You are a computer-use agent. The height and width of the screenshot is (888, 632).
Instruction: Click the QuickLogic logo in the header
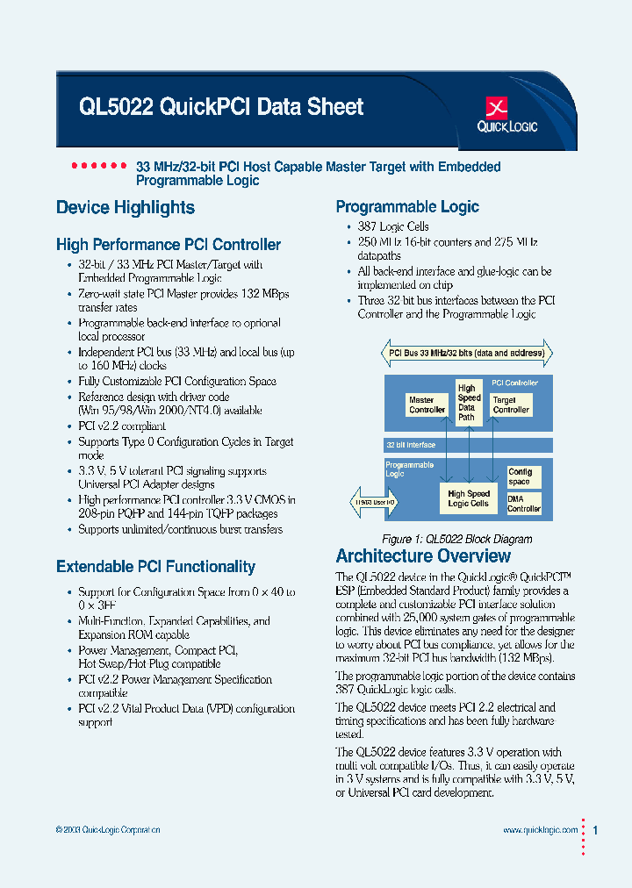[506, 115]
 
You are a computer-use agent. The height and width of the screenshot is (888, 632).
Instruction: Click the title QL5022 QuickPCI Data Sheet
[220, 107]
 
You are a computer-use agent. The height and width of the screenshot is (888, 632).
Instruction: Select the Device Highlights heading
[126, 208]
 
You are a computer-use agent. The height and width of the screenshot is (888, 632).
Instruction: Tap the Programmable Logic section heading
[407, 207]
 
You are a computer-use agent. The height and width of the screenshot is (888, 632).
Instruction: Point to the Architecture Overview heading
[423, 556]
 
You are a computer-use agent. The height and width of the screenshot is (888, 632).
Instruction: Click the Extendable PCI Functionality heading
[155, 567]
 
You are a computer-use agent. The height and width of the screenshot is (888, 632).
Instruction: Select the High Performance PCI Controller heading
[169, 245]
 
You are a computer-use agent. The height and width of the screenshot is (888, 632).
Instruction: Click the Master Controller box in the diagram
[427, 405]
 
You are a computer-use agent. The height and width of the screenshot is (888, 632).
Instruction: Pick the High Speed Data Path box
[469, 402]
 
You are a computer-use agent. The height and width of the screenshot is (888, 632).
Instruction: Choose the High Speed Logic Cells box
[469, 499]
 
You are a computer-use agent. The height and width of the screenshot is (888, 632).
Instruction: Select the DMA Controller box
[524, 504]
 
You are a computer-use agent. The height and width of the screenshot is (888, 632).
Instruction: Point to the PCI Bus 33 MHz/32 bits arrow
[467, 353]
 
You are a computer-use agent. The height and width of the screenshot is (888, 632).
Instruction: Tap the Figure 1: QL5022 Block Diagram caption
[456, 540]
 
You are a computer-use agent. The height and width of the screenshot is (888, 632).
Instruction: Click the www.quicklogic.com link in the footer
[540, 830]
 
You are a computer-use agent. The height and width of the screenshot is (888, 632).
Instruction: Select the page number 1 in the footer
[596, 830]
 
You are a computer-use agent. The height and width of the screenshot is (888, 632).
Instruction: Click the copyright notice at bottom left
[108, 830]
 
